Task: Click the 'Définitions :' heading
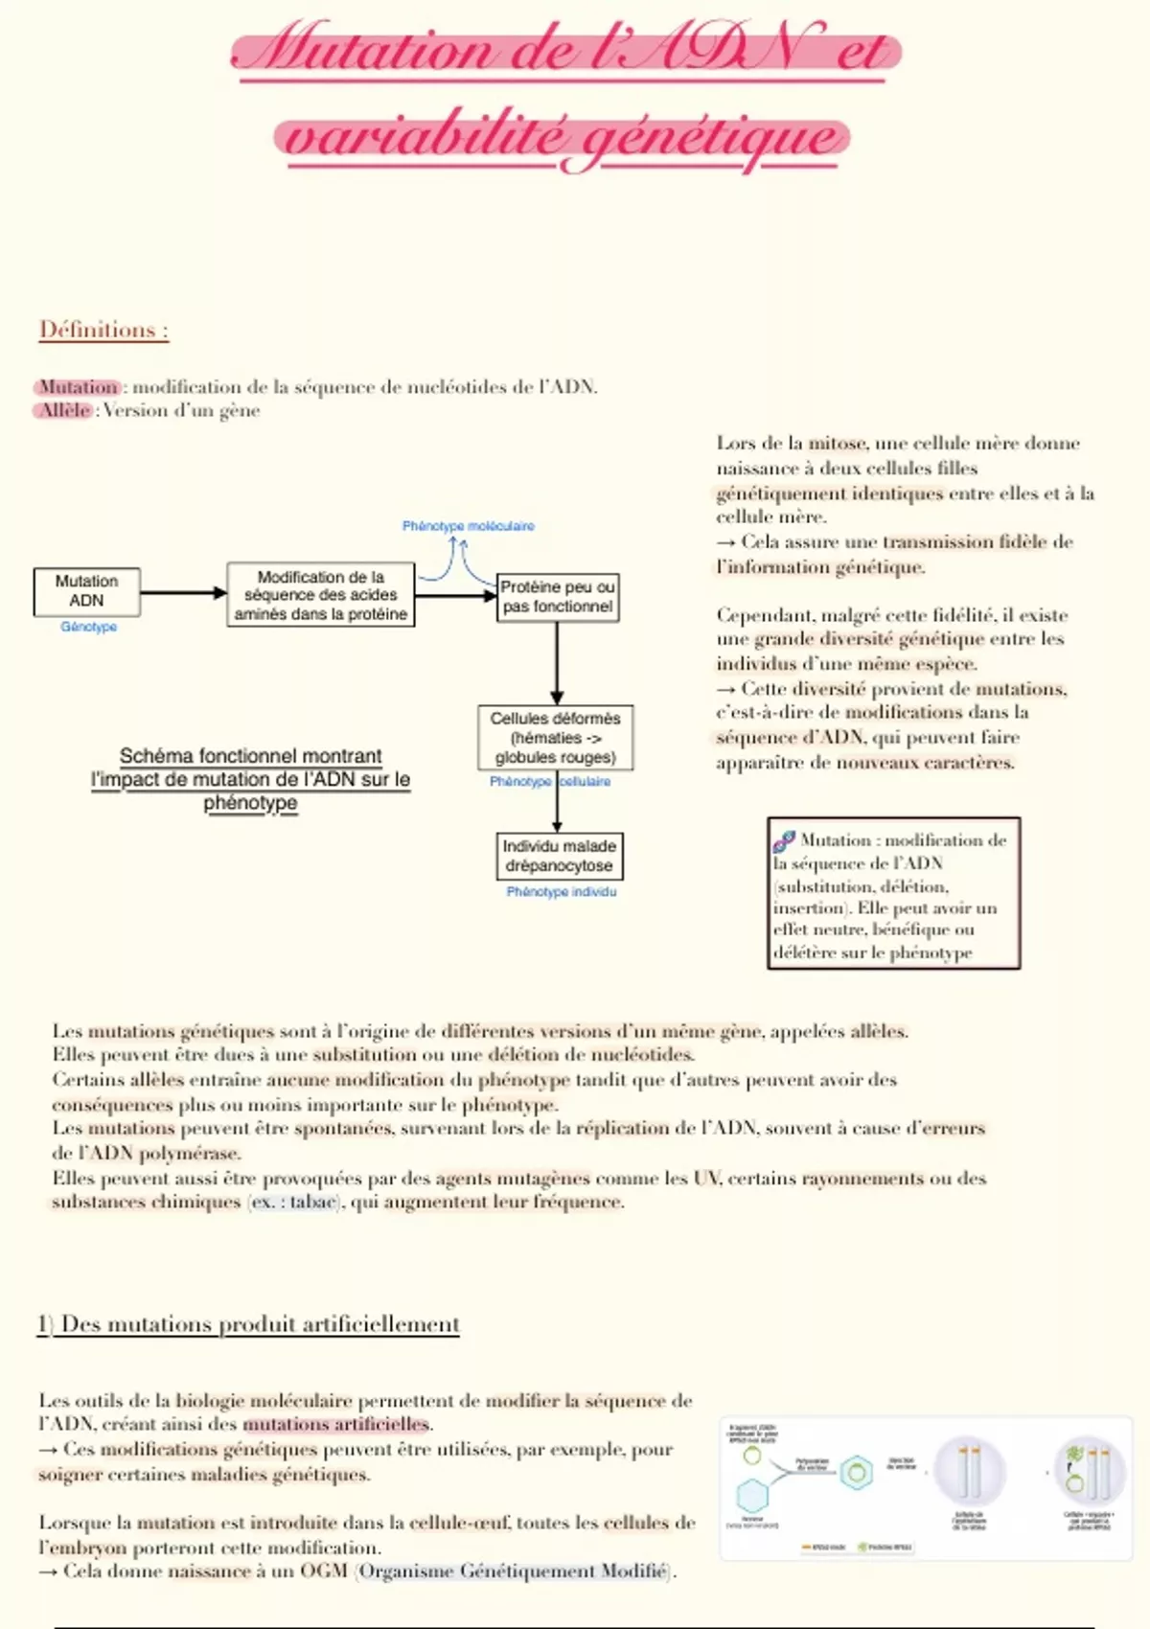(103, 330)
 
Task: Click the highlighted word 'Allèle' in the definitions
(65, 411)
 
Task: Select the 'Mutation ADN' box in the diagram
(86, 591)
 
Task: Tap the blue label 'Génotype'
(88, 627)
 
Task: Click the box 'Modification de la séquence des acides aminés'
(320, 595)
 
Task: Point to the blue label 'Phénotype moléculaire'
(468, 526)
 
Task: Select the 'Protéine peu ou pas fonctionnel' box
(558, 597)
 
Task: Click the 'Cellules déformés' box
(556, 738)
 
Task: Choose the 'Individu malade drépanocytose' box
(560, 856)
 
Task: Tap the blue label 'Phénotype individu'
(562, 892)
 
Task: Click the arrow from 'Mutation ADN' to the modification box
(183, 593)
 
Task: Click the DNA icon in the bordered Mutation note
(784, 841)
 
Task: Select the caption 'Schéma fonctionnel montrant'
(250, 756)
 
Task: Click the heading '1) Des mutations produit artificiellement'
(249, 1324)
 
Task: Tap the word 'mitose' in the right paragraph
(837, 444)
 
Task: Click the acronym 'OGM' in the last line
(323, 1572)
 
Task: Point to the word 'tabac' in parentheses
(313, 1203)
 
